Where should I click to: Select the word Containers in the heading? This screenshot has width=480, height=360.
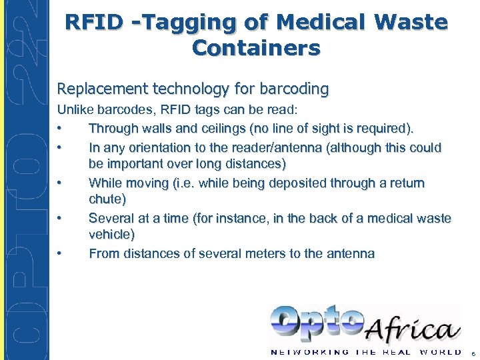click(x=256, y=48)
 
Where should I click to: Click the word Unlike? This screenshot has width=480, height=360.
click(x=76, y=109)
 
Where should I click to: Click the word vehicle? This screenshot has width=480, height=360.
click(x=111, y=235)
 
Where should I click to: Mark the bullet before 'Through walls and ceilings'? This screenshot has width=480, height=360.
click(x=60, y=129)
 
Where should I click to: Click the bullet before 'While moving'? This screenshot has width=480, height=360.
click(x=60, y=183)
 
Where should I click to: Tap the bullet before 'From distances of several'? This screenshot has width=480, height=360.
click(x=60, y=254)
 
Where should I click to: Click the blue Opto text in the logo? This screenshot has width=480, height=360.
click(x=317, y=324)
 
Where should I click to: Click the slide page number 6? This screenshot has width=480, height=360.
click(x=472, y=353)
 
